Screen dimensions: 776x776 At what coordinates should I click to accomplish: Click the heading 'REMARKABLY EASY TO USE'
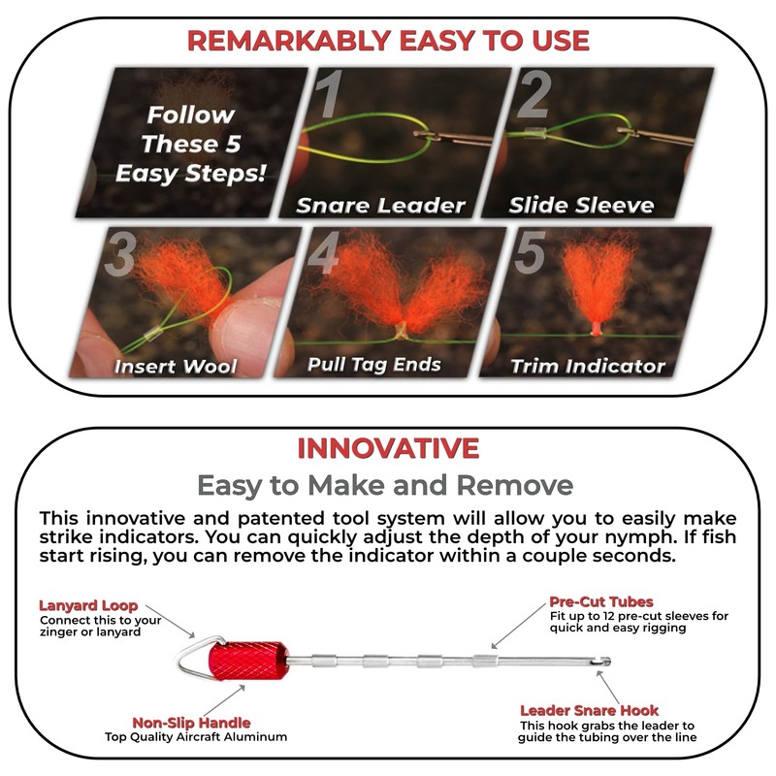coord(388,41)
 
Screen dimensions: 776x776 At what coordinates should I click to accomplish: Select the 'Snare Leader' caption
coord(380,206)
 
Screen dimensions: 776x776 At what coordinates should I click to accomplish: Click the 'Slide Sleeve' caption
coord(581,206)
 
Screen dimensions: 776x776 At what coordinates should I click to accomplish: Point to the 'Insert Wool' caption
coord(175,367)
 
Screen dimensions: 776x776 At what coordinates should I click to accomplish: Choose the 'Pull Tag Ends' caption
coord(373,365)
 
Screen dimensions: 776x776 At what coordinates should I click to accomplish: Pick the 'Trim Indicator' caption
coord(589,366)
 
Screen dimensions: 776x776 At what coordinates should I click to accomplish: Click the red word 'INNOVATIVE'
coord(388,448)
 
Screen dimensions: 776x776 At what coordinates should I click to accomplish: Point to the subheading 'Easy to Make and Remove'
coord(385,485)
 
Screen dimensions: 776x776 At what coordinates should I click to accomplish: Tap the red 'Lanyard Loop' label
coord(88,605)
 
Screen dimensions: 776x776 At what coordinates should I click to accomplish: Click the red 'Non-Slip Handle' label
coord(191,722)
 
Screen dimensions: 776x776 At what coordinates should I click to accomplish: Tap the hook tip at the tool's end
coord(605,663)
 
